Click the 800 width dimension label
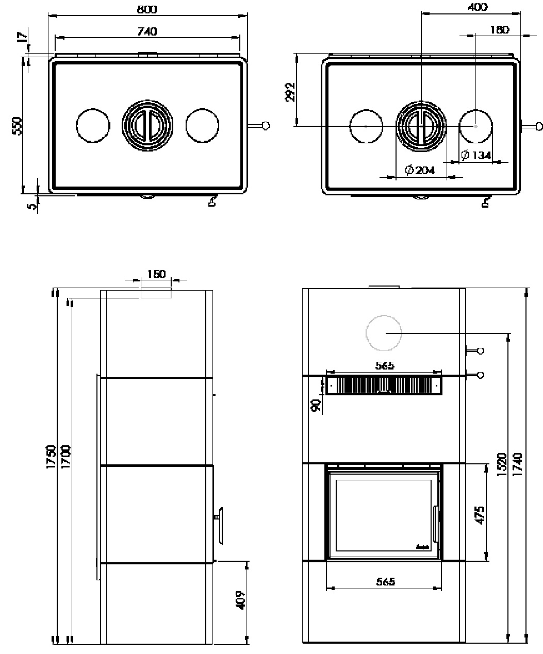coord(147,9)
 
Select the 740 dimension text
coord(147,31)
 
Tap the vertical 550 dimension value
coord(17,126)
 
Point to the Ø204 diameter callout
coord(420,170)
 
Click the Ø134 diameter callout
coord(476,155)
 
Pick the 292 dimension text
coord(290,92)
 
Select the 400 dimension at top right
coord(478,7)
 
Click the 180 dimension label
coord(499,30)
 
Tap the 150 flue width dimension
coord(156,274)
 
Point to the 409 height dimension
coord(240,600)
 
